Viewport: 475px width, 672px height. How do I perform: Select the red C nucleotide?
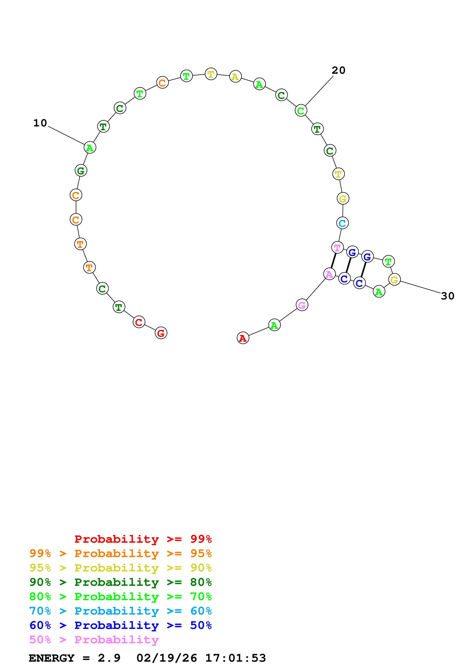pyautogui.click(x=139, y=322)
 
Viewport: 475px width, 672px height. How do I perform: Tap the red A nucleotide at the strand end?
pyautogui.click(x=243, y=338)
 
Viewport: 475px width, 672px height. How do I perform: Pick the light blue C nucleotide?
pyautogui.click(x=342, y=223)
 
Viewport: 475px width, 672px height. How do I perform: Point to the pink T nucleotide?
pyautogui.click(x=337, y=248)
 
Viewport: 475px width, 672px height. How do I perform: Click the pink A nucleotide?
pyautogui.click(x=329, y=274)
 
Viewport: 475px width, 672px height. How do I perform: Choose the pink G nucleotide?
pyautogui.click(x=302, y=305)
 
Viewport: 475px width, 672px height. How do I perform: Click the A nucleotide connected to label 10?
pyautogui.click(x=90, y=148)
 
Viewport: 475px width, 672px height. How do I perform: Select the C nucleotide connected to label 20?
pyautogui.click(x=301, y=111)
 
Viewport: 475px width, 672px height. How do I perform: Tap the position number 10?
pyautogui.click(x=40, y=123)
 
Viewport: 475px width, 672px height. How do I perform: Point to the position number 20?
pyautogui.click(x=338, y=70)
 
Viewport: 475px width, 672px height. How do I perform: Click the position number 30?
pyautogui.click(x=447, y=296)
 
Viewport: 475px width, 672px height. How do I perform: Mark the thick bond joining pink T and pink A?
pyautogui.click(x=333, y=261)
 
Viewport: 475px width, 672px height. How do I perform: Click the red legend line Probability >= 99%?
pyautogui.click(x=143, y=539)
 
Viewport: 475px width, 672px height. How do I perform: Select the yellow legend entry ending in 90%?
pyautogui.click(x=120, y=568)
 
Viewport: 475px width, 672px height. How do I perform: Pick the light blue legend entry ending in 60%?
pyautogui.click(x=120, y=611)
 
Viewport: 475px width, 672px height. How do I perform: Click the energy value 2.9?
pyautogui.click(x=109, y=658)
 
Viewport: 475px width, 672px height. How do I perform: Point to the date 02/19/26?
pyautogui.click(x=167, y=658)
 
